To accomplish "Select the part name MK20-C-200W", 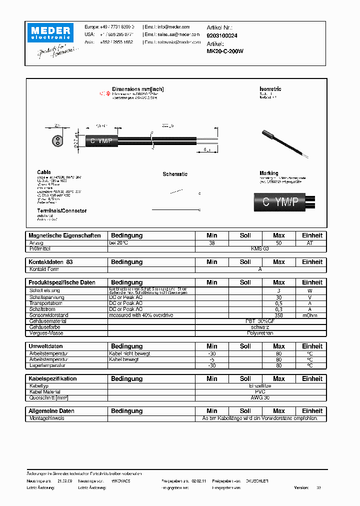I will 225,50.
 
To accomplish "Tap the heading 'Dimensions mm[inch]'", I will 137,89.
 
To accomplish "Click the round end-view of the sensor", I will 57,140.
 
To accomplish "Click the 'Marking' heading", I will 269,173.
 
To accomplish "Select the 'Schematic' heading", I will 175,174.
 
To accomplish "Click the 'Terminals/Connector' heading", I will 61,211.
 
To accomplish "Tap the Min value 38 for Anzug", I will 212,242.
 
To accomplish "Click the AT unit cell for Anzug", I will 310,242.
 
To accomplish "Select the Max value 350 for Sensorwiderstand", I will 278,315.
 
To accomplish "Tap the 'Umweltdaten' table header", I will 45,346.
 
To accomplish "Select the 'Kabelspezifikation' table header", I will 52,378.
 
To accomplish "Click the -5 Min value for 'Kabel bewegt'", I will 212,359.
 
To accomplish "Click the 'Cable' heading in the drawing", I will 43,172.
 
